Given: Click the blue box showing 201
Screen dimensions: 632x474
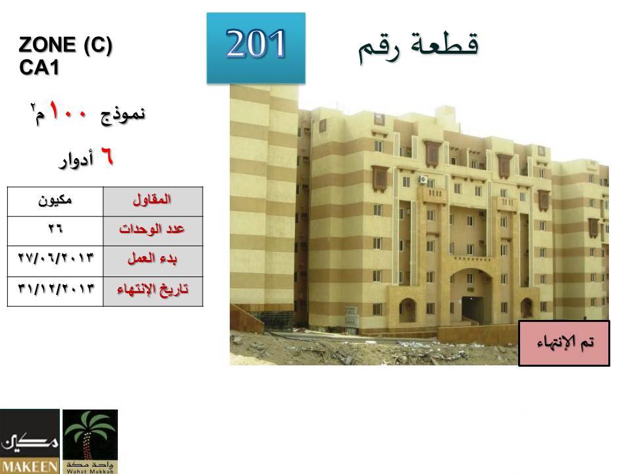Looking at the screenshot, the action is [x=256, y=48].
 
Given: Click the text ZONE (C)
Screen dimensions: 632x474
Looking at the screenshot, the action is [x=65, y=44].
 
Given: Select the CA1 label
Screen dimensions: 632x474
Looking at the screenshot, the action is [x=39, y=67].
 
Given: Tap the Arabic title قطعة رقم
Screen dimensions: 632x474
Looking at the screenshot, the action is [x=419, y=47].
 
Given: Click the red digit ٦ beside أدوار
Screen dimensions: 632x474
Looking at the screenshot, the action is [x=107, y=157].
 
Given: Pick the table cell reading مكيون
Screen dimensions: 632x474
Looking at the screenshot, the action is [x=55, y=201].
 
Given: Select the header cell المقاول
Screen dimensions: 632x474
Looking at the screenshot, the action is [x=153, y=201].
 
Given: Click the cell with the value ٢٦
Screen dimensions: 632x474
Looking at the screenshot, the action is [x=55, y=231].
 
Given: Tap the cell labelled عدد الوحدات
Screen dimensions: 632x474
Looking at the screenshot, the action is [x=153, y=231].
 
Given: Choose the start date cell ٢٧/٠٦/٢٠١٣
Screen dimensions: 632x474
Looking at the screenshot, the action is [x=55, y=261].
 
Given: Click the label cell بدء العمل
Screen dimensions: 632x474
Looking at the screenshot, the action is [x=153, y=261].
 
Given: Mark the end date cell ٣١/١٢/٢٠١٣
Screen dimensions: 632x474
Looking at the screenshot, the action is [x=55, y=291].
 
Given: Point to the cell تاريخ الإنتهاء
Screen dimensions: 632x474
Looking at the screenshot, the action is [x=153, y=291].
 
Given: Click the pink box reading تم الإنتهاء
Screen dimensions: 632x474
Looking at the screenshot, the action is [x=564, y=343].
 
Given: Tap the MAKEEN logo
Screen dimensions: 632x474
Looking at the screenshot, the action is [x=30, y=442].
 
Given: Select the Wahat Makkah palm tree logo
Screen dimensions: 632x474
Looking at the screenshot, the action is [x=90, y=442].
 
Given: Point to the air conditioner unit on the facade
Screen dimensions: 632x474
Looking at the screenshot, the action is [x=423, y=179].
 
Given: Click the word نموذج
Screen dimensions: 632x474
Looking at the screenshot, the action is [x=122, y=115].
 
